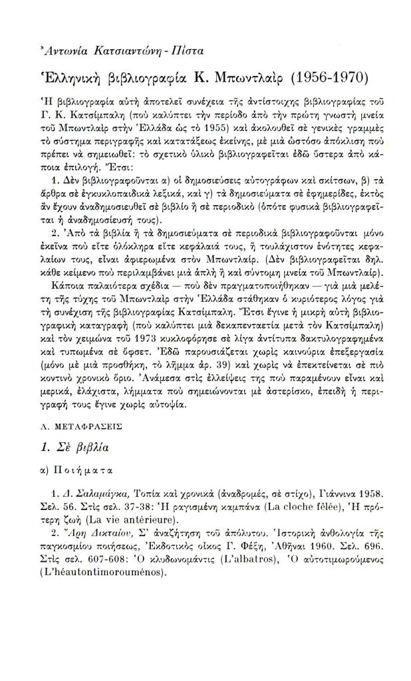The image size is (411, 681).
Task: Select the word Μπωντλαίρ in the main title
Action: [217, 75]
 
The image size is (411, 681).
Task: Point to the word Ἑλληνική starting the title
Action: [73, 76]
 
